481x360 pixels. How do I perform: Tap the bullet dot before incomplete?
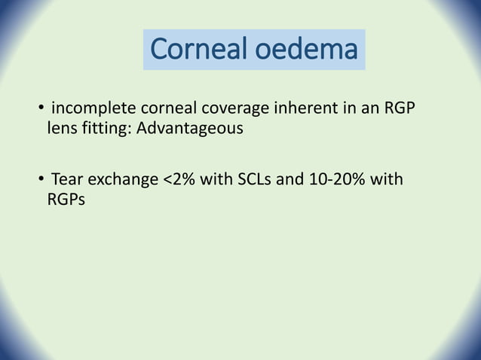click(x=41, y=112)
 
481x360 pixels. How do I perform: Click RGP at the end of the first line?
click(x=398, y=111)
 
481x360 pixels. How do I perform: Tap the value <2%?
click(x=180, y=180)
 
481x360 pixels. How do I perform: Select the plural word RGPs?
click(x=66, y=198)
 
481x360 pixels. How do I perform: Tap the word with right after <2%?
click(x=216, y=180)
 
